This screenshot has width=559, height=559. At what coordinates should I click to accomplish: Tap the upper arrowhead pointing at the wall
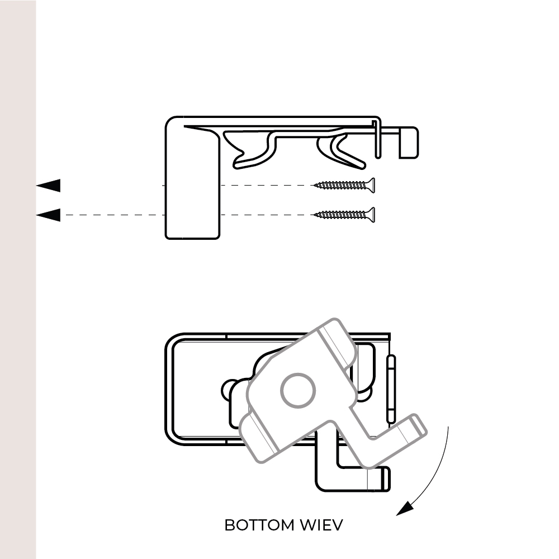49,186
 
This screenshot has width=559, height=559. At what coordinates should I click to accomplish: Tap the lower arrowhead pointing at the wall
49,215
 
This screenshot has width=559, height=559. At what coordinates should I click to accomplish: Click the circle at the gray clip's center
298,391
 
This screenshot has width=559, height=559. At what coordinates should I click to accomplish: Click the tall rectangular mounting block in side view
192,184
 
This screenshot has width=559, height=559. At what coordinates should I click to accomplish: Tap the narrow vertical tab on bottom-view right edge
392,389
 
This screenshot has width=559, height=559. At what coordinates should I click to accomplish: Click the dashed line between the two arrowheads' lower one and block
112,215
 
